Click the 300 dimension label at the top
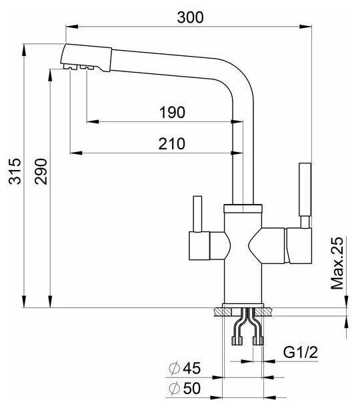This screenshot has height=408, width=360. click(x=190, y=18)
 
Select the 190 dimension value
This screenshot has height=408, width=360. click(x=172, y=113)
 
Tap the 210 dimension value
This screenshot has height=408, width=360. click(x=172, y=143)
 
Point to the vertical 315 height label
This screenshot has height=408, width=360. click(x=15, y=171)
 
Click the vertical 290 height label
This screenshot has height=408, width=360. click(x=41, y=171)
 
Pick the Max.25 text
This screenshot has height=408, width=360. click(x=337, y=263)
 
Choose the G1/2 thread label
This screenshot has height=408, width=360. click(x=301, y=353)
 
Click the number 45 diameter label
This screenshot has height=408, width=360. click(x=192, y=368)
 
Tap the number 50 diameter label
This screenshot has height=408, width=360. click(x=192, y=388)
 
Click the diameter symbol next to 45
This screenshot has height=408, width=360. click(x=175, y=368)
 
